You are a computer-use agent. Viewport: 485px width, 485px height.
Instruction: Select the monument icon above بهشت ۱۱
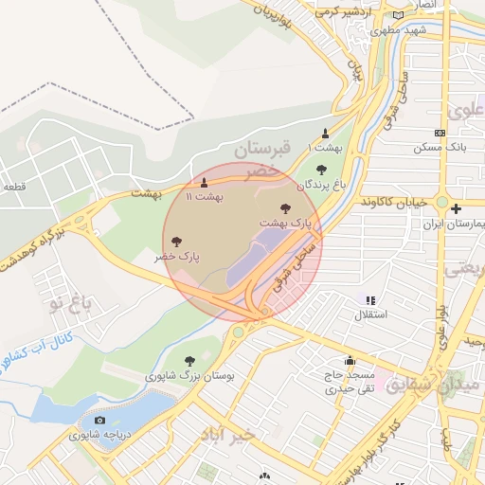coord(204,182)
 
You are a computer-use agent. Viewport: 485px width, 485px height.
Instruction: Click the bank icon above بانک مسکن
coord(440,134)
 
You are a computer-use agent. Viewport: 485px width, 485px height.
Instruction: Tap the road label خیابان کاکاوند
coord(395,202)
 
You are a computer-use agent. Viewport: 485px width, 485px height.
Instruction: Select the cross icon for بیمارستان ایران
coord(456,208)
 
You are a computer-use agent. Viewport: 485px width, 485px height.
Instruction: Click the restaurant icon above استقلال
coord(370,300)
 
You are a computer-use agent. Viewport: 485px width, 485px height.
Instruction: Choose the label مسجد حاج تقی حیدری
coord(350,382)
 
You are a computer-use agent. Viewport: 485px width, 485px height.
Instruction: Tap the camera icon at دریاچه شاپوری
coord(99,420)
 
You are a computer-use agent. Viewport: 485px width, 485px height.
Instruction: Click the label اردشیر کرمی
coord(346,11)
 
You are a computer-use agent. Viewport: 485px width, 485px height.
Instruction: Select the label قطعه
coord(13,187)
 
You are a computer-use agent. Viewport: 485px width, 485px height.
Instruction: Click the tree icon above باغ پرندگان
coord(321,170)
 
